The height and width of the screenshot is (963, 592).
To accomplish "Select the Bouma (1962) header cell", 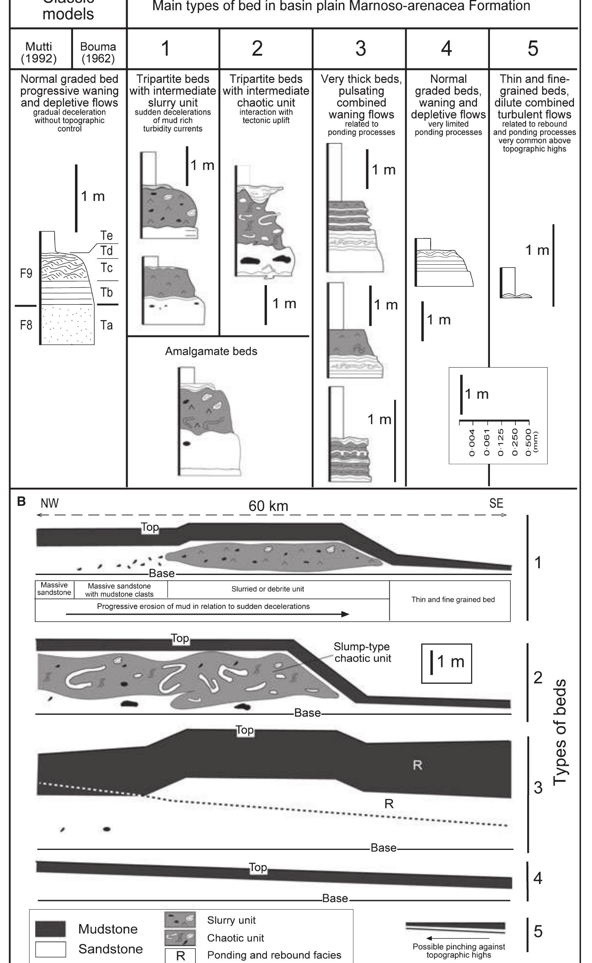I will click(98, 52).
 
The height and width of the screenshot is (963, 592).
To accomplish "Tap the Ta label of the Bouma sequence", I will click(106, 325).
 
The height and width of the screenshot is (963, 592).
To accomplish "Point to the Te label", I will click(106, 235).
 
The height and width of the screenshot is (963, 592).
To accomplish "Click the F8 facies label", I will click(26, 325).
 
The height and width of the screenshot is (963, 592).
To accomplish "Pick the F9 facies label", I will click(26, 274).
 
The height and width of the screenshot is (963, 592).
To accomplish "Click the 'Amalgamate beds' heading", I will click(211, 351).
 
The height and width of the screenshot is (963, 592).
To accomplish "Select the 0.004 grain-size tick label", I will click(473, 442).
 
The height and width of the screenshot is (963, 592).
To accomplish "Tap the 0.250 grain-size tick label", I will click(515, 442).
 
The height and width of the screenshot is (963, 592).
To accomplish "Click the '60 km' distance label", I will click(268, 506).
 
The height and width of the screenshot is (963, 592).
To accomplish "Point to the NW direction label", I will click(49, 503).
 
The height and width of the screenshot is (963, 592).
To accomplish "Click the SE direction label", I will click(496, 503).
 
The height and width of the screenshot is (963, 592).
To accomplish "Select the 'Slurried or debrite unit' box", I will click(268, 589).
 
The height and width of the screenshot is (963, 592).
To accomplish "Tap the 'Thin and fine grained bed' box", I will click(453, 600).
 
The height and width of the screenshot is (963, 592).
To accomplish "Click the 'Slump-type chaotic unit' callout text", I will click(362, 652).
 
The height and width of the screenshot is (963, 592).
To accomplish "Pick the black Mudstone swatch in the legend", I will click(50, 929).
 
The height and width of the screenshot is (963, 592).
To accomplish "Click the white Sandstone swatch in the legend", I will click(50, 949).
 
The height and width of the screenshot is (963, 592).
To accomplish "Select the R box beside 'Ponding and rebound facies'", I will click(180, 955).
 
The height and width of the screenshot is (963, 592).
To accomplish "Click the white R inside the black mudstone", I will click(418, 765).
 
